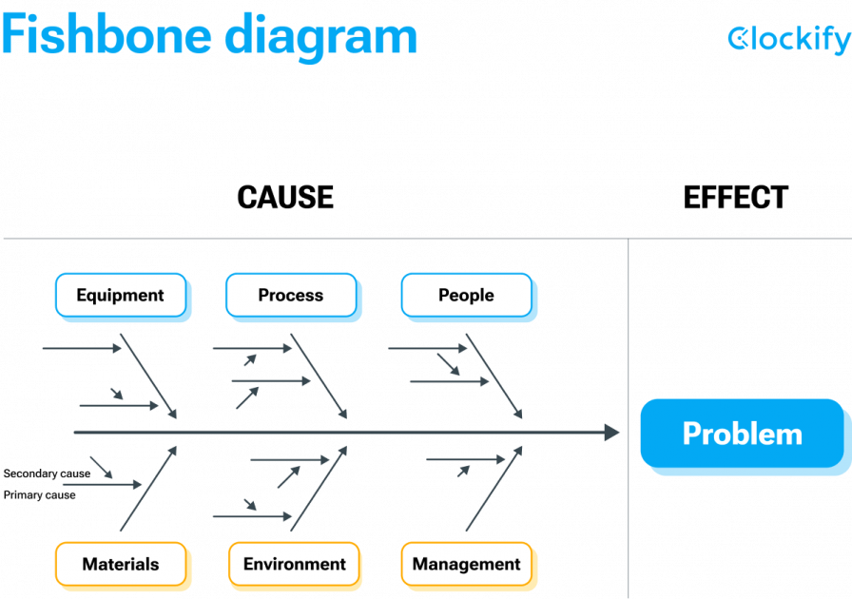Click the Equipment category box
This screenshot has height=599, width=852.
pyautogui.click(x=120, y=295)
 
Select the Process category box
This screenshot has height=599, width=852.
pyautogui.click(x=291, y=295)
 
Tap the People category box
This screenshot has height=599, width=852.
pyautogui.click(x=466, y=295)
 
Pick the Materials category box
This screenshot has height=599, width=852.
pyautogui.click(x=120, y=564)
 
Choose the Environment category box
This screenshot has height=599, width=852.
pyautogui.click(x=294, y=564)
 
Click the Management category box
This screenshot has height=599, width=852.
pyautogui.click(x=466, y=564)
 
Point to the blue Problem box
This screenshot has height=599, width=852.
pyautogui.click(x=742, y=434)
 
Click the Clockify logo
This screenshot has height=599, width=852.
pyautogui.click(x=788, y=39)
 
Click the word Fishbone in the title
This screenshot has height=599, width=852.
pyautogui.click(x=105, y=36)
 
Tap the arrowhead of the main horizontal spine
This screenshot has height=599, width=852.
pyautogui.click(x=611, y=433)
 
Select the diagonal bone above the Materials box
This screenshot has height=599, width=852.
pyautogui.click(x=148, y=489)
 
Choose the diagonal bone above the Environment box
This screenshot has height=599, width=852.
pyautogui.click(x=319, y=489)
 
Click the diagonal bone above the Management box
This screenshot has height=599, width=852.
pyautogui.click(x=494, y=489)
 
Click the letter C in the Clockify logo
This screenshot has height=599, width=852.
pyautogui.click(x=739, y=38)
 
